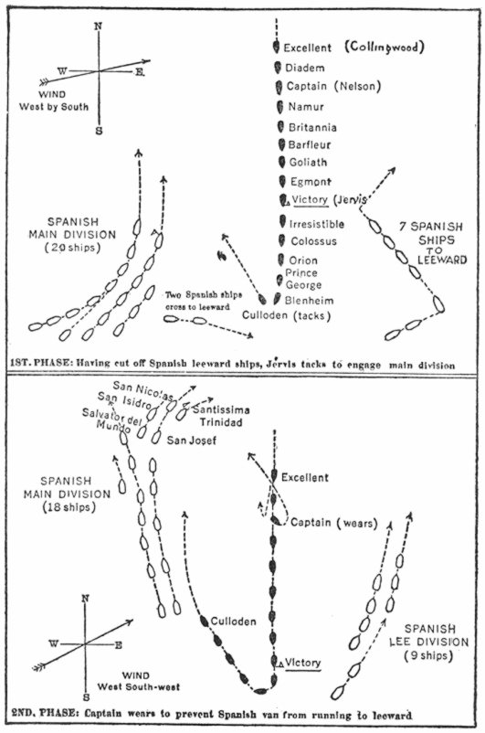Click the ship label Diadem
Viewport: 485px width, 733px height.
click(305, 69)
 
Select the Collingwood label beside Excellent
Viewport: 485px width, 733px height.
click(385, 47)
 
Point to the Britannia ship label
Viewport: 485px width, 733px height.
click(312, 127)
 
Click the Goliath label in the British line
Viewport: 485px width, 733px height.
click(308, 162)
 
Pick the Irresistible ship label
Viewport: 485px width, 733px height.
click(316, 225)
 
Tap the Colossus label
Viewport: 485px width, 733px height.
click(313, 241)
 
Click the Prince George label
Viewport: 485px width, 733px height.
click(303, 279)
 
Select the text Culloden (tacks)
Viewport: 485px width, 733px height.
click(286, 315)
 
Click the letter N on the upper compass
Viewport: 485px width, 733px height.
click(98, 27)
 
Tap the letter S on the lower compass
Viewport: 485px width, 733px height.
click(87, 697)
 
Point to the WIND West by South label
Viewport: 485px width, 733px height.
click(53, 101)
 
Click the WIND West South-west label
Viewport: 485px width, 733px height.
click(138, 681)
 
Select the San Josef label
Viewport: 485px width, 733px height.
click(192, 441)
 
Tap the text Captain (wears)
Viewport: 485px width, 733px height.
click(333, 523)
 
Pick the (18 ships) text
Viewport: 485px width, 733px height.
click(69, 507)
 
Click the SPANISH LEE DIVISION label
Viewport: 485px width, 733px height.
click(429, 643)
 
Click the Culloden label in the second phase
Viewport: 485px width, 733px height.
click(233, 621)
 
